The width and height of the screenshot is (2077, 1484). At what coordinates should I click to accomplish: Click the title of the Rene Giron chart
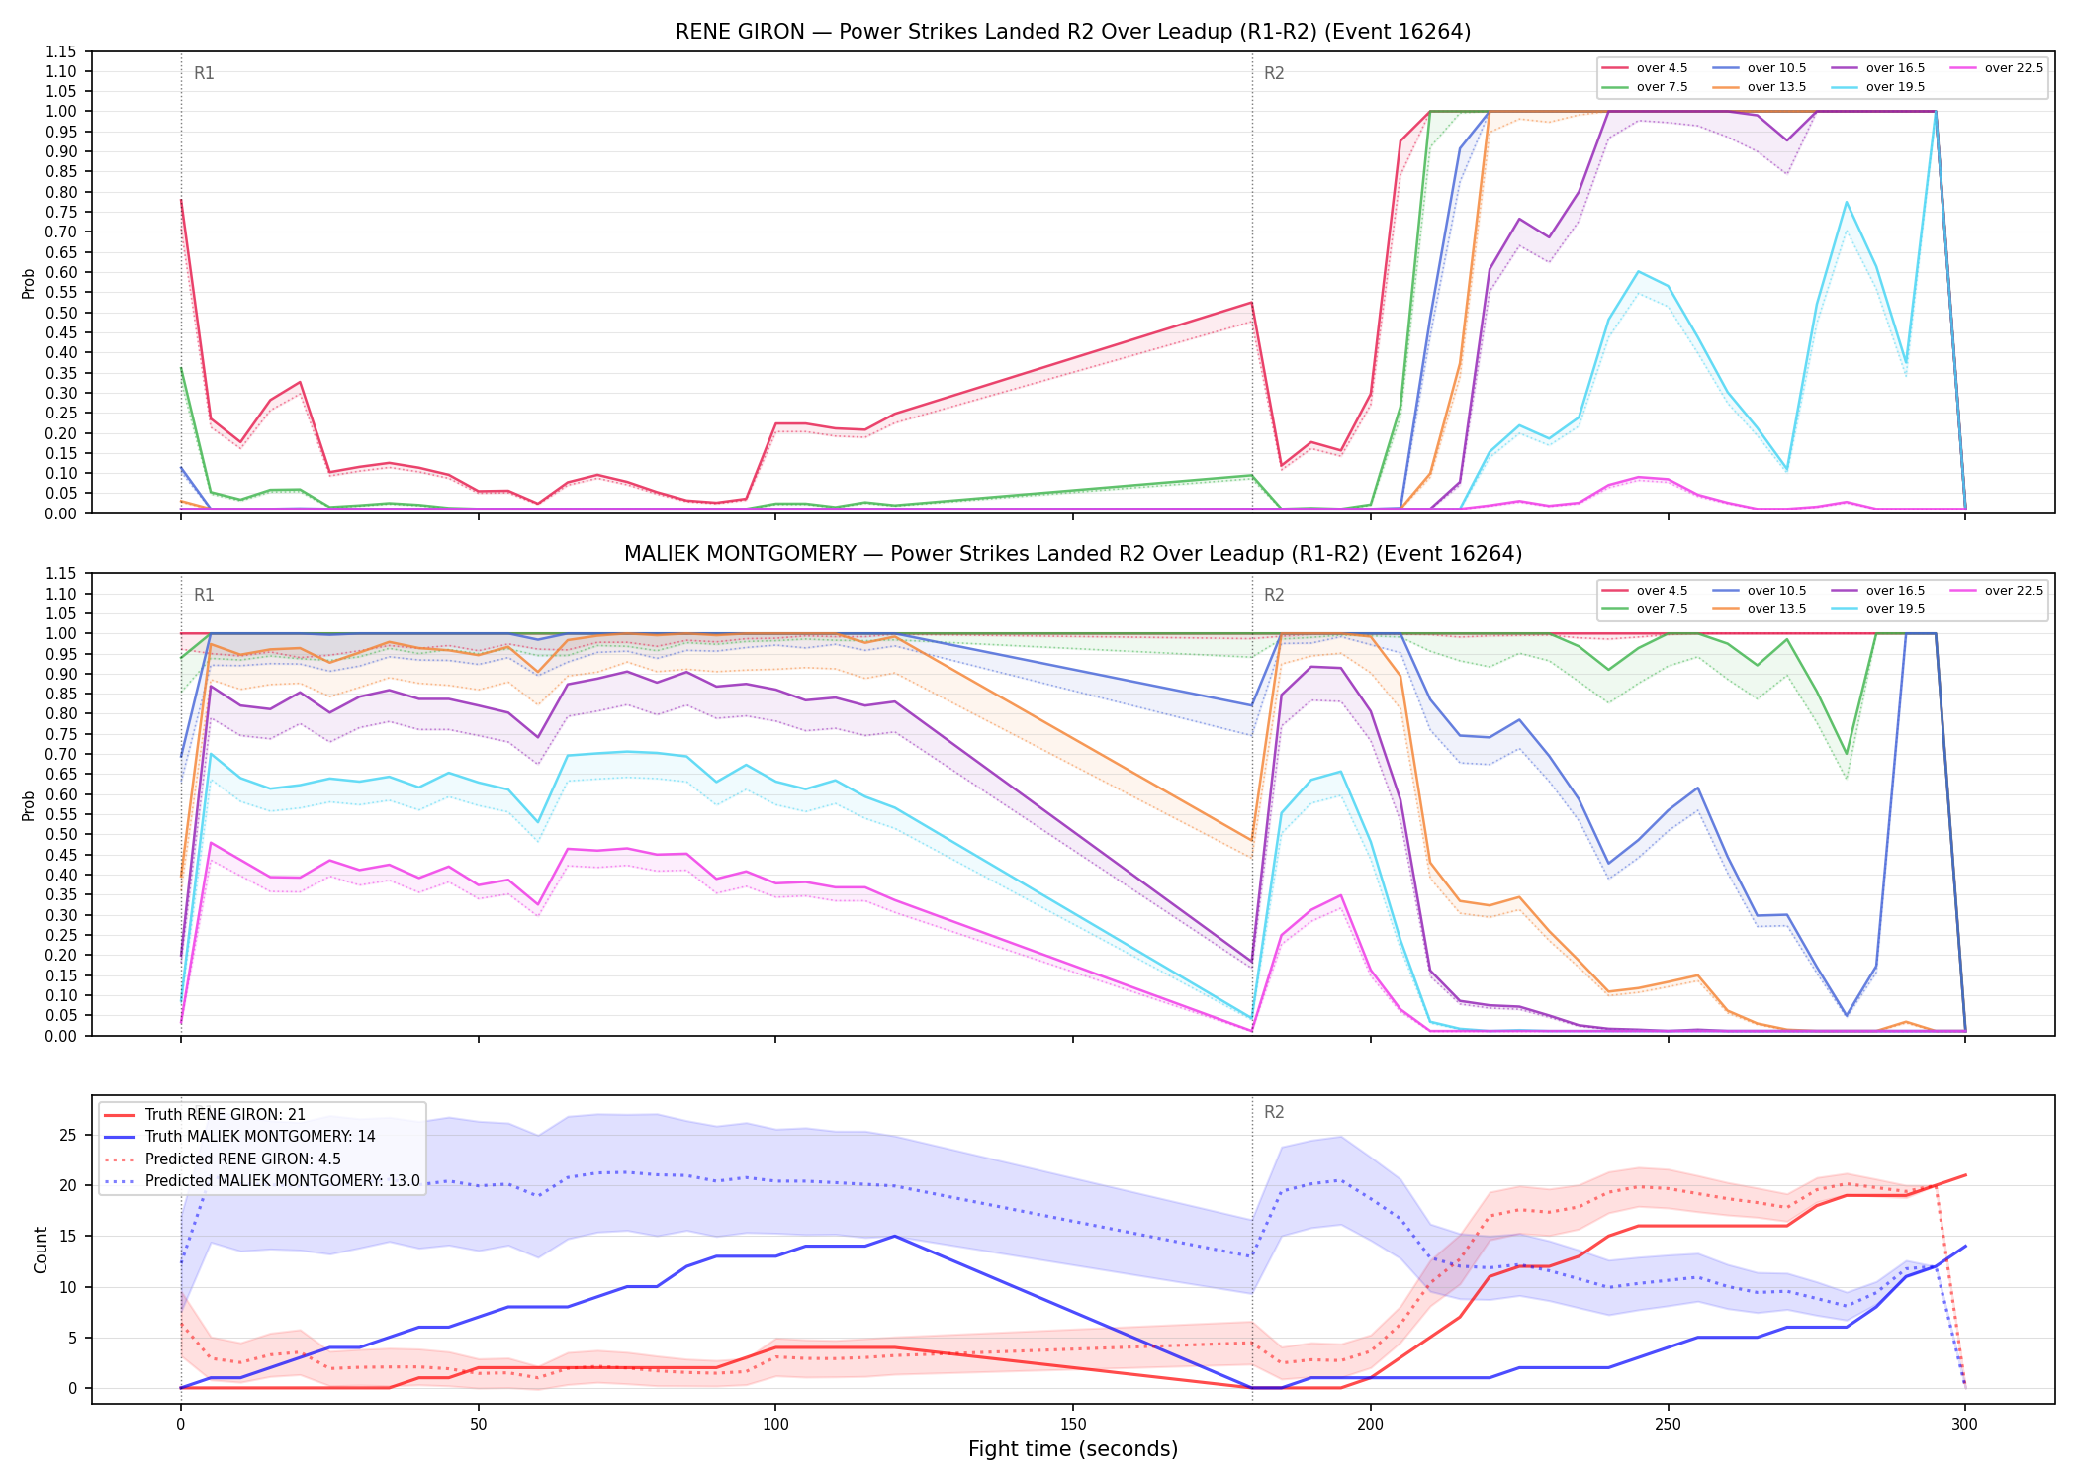point(1073,32)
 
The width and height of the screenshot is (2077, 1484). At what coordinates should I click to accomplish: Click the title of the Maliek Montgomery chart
point(1073,554)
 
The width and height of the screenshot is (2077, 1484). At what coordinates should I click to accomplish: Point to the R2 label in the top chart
point(1274,73)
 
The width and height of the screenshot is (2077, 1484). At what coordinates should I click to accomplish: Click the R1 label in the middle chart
point(204,595)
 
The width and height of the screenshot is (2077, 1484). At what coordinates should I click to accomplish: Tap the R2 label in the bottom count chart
point(1274,1112)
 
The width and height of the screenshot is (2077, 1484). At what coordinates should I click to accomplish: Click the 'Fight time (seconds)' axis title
point(1073,1449)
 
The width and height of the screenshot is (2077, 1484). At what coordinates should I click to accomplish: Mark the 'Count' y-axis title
point(41,1250)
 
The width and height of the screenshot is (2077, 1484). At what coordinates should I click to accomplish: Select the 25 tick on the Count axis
point(68,1135)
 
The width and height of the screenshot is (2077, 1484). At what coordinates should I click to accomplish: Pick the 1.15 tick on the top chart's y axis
point(61,51)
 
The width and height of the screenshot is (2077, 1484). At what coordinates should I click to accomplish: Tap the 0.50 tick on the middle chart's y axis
point(61,835)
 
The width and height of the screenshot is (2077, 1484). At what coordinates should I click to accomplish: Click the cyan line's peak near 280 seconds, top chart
point(1846,203)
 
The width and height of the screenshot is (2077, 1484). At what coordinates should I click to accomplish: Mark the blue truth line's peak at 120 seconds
point(894,1236)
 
